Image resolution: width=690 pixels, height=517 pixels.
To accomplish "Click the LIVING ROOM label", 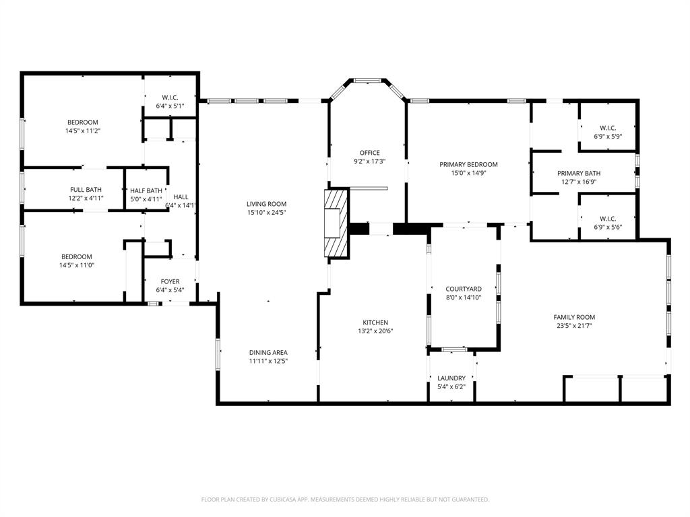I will click(266, 204).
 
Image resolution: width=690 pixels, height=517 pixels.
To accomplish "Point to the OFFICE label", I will click(369, 153).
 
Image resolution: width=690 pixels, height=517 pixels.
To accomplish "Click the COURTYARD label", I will click(464, 289).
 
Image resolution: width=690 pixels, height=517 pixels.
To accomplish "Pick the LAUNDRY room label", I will click(451, 378).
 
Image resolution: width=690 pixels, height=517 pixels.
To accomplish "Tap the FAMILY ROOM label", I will click(574, 317).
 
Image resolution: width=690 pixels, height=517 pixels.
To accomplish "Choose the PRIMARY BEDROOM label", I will click(468, 164).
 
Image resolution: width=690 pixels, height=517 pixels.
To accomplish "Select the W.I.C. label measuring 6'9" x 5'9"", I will click(608, 137).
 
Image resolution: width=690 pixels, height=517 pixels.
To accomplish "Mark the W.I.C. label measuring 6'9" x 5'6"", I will click(608, 227).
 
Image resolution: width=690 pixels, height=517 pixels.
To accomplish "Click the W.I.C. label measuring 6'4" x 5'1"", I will click(170, 106).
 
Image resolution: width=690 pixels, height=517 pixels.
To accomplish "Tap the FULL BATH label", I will click(86, 190).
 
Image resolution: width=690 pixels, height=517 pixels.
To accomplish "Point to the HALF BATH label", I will click(146, 191).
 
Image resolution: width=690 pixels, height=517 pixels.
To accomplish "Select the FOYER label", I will click(170, 281).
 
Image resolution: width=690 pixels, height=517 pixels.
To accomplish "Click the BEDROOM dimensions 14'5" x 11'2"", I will click(82, 131).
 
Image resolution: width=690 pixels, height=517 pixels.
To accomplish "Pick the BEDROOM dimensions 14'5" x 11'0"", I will click(77, 265).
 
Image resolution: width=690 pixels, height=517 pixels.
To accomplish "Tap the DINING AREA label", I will click(268, 352).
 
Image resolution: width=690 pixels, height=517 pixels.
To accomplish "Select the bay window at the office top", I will click(367, 81).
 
